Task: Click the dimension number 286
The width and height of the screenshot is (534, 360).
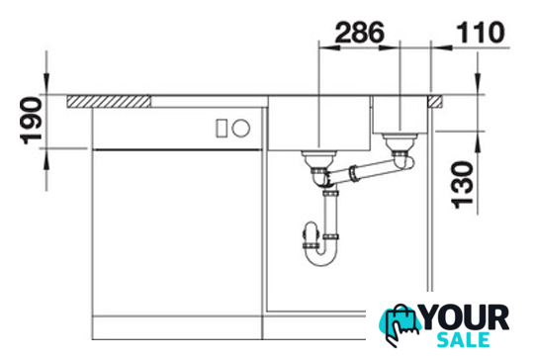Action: [360, 33]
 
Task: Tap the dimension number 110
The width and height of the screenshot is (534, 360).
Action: [481, 33]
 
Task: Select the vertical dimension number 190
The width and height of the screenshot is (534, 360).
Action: [32, 121]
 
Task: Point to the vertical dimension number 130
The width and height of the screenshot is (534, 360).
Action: [462, 185]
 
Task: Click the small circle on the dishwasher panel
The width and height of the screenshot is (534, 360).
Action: [241, 128]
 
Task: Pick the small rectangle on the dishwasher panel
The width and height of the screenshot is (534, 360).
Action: [222, 129]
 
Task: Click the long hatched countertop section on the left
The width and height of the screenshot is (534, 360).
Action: [109, 102]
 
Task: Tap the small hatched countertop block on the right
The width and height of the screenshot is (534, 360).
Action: [435, 102]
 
